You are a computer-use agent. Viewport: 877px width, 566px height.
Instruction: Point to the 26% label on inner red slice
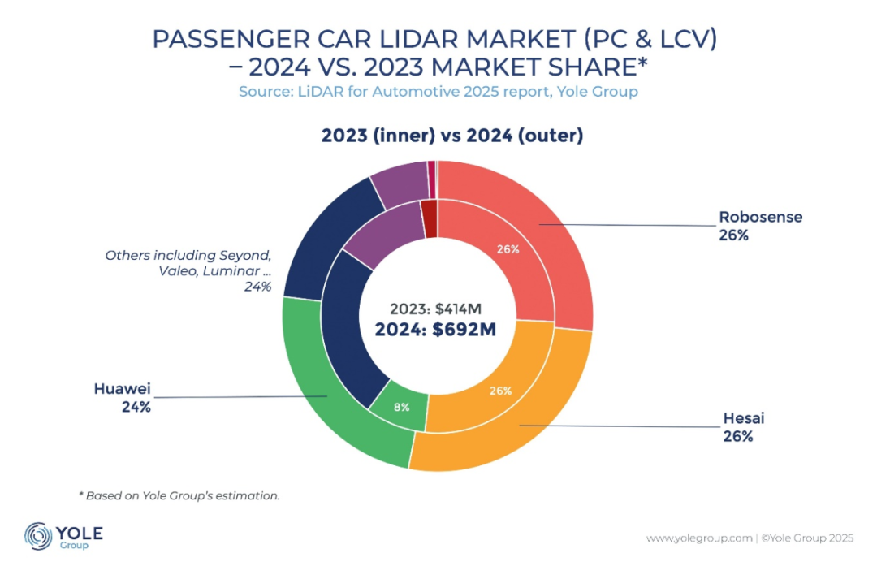click(x=508, y=249)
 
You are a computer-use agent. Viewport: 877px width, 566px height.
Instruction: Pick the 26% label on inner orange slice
click(x=500, y=391)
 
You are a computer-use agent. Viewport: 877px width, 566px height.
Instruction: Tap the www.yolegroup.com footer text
click(x=698, y=538)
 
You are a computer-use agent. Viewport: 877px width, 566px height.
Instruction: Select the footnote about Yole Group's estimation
click(x=179, y=495)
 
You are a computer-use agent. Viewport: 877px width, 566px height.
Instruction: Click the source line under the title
click(x=438, y=92)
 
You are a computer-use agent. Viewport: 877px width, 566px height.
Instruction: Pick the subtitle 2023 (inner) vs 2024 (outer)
click(x=452, y=136)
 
